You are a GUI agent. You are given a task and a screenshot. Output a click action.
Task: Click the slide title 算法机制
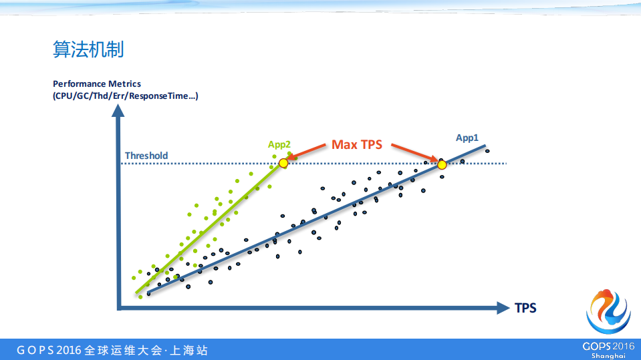click(88, 49)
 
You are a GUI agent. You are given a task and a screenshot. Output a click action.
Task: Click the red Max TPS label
click(356, 144)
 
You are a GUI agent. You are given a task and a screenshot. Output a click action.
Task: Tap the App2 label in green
click(279, 144)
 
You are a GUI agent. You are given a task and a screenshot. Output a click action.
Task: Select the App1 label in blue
click(467, 138)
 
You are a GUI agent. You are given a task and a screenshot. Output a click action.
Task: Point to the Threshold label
click(146, 156)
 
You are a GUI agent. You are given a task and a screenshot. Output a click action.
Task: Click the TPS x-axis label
click(525, 308)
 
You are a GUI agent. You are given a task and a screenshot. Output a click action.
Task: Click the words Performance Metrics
click(97, 83)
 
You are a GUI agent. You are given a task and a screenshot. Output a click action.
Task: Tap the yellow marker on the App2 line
click(283, 163)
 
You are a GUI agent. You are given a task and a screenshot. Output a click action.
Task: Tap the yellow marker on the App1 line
click(442, 165)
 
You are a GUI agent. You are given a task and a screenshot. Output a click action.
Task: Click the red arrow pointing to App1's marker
click(414, 153)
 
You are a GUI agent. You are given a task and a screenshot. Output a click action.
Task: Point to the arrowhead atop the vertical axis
click(118, 110)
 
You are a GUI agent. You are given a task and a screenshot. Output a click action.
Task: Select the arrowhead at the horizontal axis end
click(503, 308)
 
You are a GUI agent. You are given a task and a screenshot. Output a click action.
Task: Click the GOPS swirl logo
click(608, 312)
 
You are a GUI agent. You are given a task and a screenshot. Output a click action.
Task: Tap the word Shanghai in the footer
click(608, 356)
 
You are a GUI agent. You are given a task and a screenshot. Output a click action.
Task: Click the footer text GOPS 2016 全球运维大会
click(90, 350)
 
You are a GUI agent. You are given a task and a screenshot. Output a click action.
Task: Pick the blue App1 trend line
click(317, 220)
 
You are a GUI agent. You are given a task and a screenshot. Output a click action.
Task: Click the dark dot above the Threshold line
click(487, 151)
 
